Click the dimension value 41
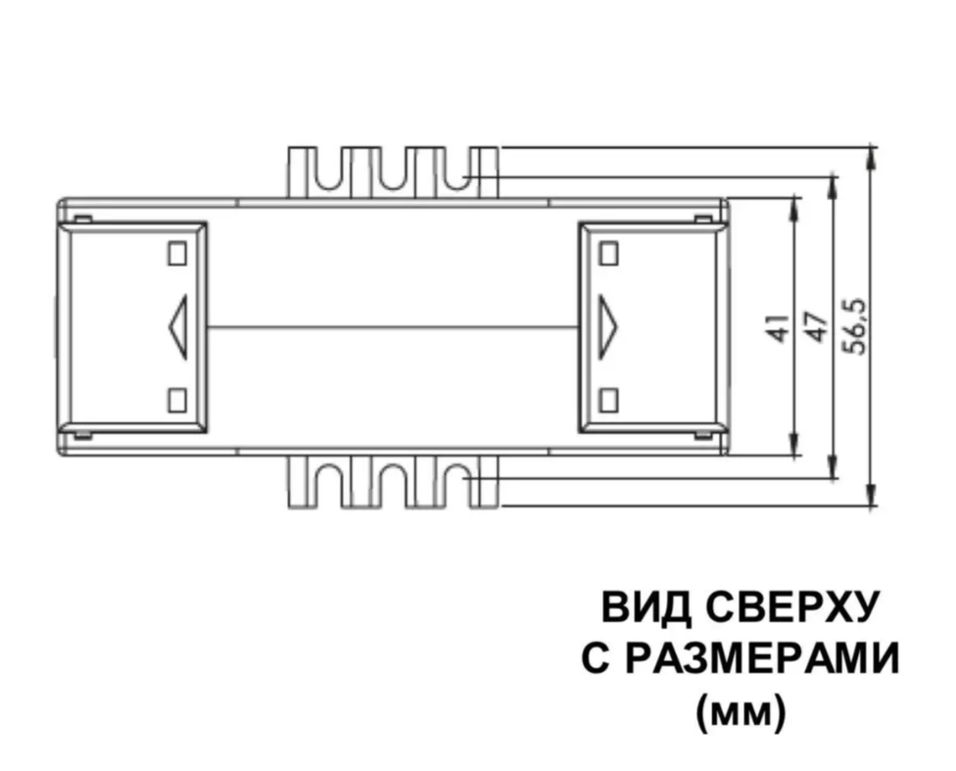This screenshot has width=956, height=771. (781, 327)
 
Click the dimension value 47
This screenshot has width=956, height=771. (817, 327)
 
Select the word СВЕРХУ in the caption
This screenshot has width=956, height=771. (792, 608)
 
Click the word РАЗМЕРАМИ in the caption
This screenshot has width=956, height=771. (762, 659)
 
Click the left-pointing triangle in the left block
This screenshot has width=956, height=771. (178, 327)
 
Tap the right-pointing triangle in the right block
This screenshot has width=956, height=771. (608, 327)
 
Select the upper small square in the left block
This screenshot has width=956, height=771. (177, 253)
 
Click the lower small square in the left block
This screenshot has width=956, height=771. (177, 400)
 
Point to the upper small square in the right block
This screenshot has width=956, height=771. (609, 253)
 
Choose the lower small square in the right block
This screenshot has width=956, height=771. (609, 400)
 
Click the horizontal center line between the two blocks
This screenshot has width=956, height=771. (393, 327)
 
